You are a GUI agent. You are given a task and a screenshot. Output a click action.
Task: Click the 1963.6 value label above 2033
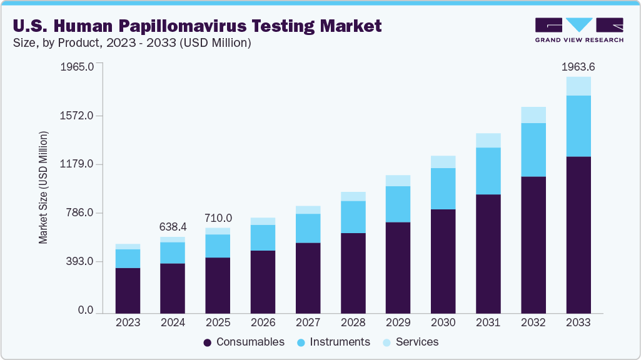pyautogui.click(x=578, y=67)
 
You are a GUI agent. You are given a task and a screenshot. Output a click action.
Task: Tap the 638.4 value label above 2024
pyautogui.click(x=173, y=226)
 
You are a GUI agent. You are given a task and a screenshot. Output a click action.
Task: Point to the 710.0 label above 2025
pyautogui.click(x=218, y=218)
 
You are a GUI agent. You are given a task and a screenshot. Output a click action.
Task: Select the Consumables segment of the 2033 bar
pyautogui.click(x=578, y=234)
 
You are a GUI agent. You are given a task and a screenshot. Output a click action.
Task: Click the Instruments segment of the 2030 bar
pyautogui.click(x=443, y=189)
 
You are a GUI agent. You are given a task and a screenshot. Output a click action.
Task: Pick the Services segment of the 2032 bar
pyautogui.click(x=533, y=115)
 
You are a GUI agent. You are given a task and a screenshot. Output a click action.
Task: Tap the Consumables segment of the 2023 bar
pyautogui.click(x=128, y=290)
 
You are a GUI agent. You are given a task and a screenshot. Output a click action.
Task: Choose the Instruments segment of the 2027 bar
pyautogui.click(x=308, y=228)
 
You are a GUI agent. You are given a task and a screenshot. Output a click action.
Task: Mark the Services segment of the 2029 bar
pyautogui.click(x=398, y=181)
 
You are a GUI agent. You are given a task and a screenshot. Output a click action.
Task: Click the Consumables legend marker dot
pyautogui.click(x=208, y=342)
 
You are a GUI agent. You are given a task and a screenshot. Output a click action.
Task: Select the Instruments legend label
pyautogui.click(x=340, y=342)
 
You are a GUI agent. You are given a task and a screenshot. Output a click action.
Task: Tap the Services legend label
pyautogui.click(x=417, y=342)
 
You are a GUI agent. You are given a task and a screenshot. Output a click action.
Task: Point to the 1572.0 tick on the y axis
pyautogui.click(x=77, y=116)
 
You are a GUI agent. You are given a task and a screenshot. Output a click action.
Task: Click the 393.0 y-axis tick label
pyautogui.click(x=80, y=262)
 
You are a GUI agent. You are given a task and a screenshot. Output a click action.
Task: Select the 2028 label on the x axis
pyautogui.click(x=353, y=322)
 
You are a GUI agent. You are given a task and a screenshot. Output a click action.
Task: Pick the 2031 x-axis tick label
pyautogui.click(x=488, y=322)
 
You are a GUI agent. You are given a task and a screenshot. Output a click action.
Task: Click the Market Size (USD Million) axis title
pyautogui.click(x=43, y=187)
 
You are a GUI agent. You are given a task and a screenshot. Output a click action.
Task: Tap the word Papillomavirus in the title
pyautogui.click(x=193, y=26)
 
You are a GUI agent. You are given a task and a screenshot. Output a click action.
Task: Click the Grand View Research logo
pyautogui.click(x=578, y=29)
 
